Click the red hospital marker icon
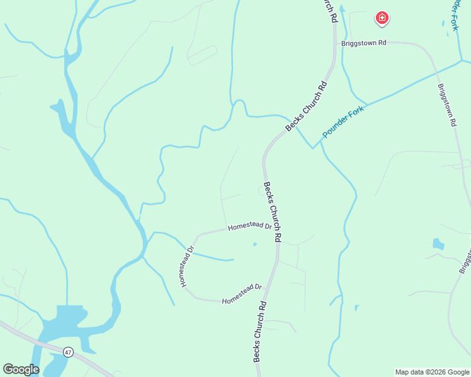coord(382,18)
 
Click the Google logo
coord(21,369)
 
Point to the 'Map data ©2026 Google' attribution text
coord(432,372)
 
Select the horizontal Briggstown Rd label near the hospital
coord(363,43)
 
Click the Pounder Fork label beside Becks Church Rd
coord(343,121)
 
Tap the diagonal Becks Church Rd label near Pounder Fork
coord(307,107)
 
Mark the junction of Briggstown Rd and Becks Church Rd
coord(334,44)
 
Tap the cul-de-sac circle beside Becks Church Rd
coord(262,190)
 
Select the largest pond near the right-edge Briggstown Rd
coord(438,244)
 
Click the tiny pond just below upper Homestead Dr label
coord(254,244)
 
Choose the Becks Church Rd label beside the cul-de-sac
coord(272,212)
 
